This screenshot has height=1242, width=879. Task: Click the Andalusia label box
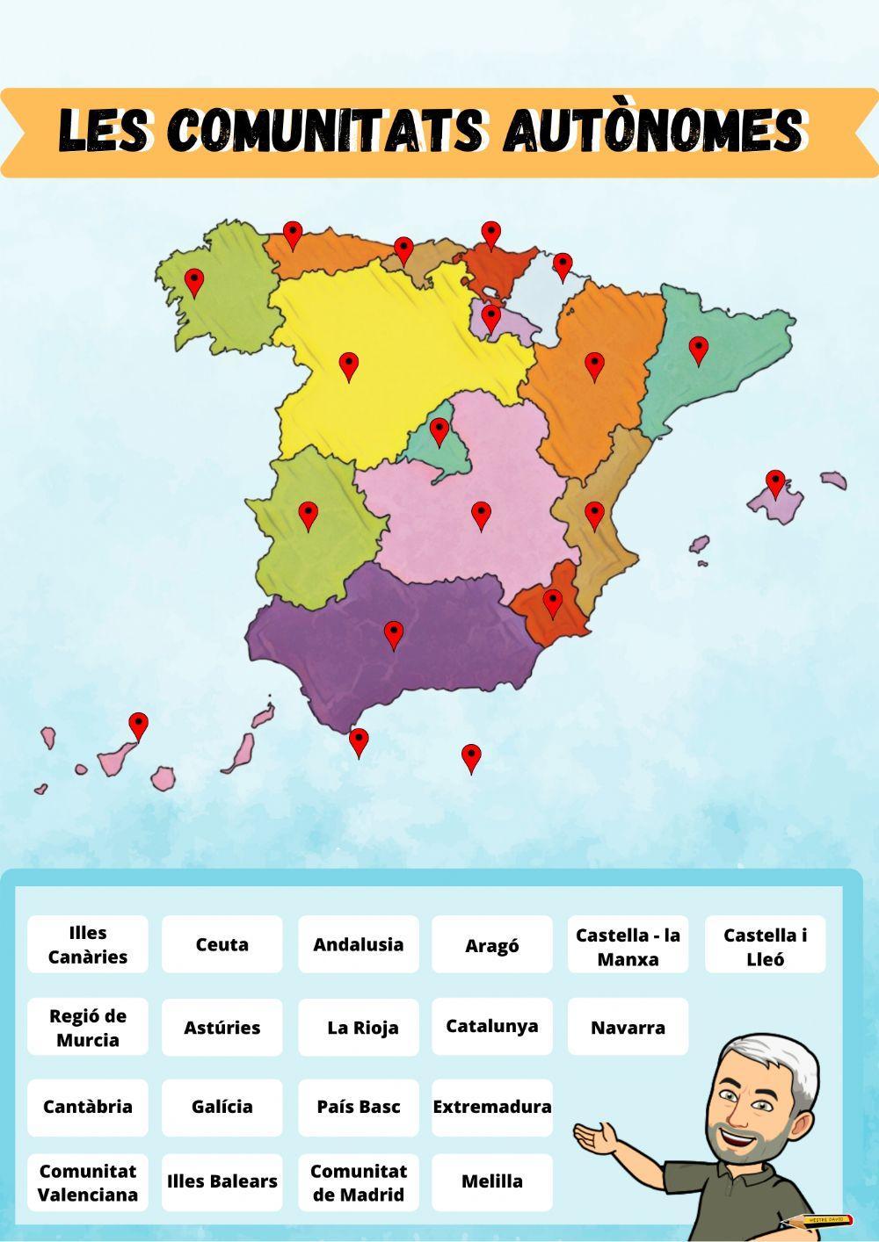coord(359,944)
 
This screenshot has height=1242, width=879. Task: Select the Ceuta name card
coord(222,944)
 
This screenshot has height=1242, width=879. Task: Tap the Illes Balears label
coord(222,1181)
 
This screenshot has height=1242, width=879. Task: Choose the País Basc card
coord(359,1107)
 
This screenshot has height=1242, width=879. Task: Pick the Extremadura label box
coord(492,1107)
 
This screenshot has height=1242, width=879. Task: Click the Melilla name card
coord(492,1181)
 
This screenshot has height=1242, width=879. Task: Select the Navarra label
coord(628,1027)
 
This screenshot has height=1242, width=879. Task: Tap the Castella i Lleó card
coord(765,946)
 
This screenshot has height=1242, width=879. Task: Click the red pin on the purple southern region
coord(394,634)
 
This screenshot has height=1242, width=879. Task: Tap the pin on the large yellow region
coord(349,365)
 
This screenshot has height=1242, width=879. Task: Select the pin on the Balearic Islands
coord(775,483)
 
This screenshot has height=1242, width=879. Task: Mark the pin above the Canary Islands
coord(139,726)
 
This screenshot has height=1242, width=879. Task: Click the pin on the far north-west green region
coord(194,282)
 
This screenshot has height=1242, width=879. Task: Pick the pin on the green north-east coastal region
coord(698,350)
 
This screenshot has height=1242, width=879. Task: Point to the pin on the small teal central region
coord(439,431)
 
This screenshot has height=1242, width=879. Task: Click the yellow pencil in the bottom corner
coord(817,1220)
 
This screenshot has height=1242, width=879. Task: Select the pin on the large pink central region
coord(481,515)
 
